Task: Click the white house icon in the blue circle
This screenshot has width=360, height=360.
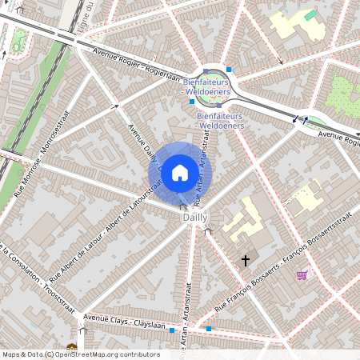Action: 180,172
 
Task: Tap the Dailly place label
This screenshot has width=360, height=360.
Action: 194,217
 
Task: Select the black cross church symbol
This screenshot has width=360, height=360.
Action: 246,260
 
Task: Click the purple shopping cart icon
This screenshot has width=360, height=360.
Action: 302,275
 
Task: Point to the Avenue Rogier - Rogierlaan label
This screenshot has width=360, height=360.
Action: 135,66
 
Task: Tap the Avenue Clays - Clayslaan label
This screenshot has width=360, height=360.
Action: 120,321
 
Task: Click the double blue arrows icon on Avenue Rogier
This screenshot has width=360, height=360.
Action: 299,119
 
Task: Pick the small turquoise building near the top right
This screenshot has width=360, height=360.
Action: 310,15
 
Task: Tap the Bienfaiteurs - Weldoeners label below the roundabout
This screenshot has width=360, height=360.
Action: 220,121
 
